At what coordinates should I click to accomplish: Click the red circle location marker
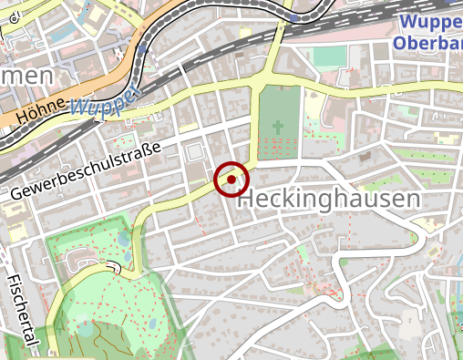point(231,180)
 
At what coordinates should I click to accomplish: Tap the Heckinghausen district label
point(331,200)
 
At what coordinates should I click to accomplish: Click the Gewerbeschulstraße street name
point(87,172)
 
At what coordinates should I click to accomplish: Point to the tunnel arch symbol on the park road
point(115,267)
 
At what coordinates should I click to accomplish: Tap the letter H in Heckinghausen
point(248,200)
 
